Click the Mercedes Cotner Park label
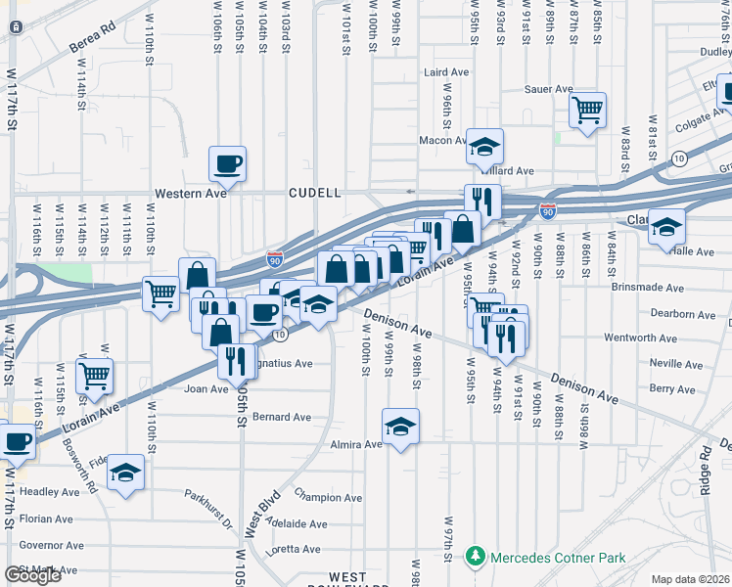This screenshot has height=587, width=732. click(x=558, y=558)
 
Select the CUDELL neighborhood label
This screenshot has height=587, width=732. click(x=314, y=194)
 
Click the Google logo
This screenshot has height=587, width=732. click(x=32, y=575)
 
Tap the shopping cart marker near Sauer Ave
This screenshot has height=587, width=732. click(x=587, y=110)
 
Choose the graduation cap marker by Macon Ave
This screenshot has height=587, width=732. click(x=483, y=146)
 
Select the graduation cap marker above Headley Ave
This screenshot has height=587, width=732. click(x=125, y=472)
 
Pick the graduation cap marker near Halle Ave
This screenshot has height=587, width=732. click(x=666, y=226)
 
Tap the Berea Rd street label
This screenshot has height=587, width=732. click(x=93, y=46)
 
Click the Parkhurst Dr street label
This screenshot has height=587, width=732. click(x=210, y=504)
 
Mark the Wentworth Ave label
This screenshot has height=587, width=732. click(x=640, y=339)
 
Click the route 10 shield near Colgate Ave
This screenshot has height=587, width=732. click(x=679, y=158)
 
